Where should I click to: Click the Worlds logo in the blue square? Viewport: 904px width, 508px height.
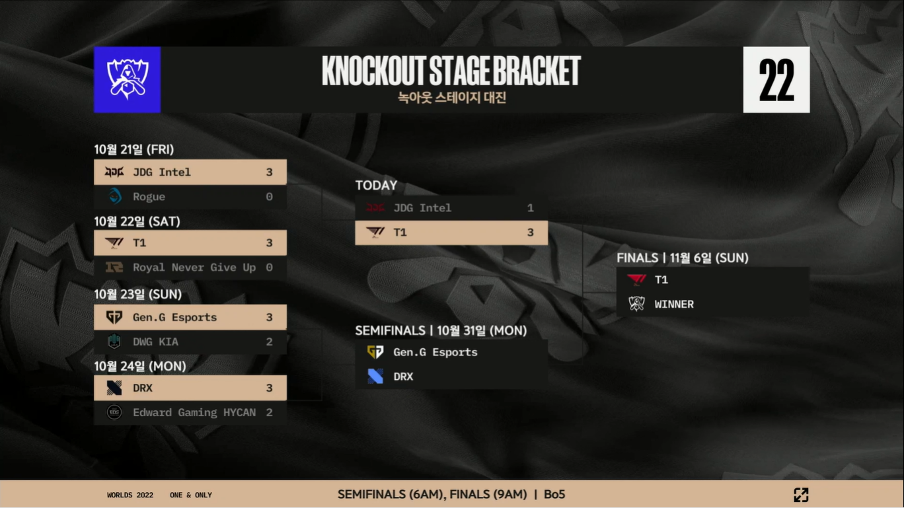coord(127,79)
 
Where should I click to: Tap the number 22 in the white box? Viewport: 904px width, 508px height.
coord(776,80)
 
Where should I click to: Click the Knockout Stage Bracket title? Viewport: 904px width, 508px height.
coord(451,71)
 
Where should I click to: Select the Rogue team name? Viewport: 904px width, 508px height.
coord(149,197)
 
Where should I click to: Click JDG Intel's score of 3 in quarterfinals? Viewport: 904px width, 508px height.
coord(269,172)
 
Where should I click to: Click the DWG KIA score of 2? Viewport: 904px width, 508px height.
coord(269,342)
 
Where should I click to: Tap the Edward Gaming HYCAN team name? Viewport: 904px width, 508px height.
coord(194,412)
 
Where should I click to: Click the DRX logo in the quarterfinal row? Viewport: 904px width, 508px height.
coord(114,388)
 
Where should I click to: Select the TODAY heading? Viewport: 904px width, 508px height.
coord(376,186)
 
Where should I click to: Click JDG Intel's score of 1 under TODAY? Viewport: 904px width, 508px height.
coord(530,208)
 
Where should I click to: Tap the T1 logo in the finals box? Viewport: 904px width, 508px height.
coord(636,279)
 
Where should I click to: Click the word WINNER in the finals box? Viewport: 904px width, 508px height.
coord(674,305)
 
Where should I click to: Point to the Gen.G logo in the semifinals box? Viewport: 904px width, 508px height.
coord(375,352)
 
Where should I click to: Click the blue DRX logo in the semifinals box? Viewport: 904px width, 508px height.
coord(375,377)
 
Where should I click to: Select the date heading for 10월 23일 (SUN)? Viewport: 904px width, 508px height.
coord(137,295)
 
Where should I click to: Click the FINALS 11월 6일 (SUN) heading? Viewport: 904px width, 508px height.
coord(683,258)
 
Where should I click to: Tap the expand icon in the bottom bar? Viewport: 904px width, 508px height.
coord(801,495)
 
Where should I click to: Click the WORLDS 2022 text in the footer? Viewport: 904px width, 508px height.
coord(130,495)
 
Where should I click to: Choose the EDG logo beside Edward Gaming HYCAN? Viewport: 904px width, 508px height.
coord(114,412)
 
